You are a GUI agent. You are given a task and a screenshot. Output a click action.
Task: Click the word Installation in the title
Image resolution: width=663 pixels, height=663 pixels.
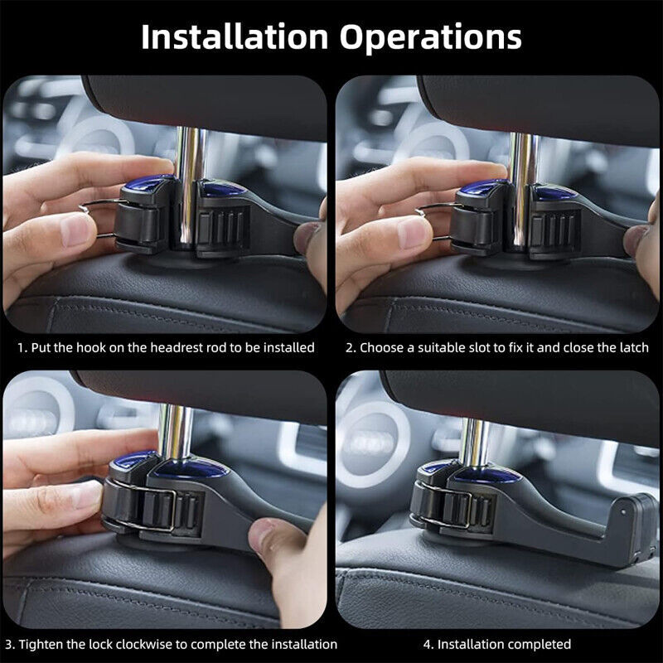pos(235,36)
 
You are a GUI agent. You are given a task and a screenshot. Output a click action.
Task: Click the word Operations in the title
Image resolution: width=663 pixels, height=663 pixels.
pos(430,37)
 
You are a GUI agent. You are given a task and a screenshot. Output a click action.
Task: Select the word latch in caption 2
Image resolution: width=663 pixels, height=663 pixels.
pos(634,347)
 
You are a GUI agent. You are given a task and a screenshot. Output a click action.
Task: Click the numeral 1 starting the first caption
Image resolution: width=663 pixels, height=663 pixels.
pos(21,347)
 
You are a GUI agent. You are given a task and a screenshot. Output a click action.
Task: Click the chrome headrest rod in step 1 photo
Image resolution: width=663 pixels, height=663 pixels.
pos(191,186)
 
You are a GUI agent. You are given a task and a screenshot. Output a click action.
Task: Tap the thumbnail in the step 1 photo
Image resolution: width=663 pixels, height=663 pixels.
pos(76,230)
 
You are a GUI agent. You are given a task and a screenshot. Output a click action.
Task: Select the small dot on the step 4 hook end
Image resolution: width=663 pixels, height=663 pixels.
pos(623,512)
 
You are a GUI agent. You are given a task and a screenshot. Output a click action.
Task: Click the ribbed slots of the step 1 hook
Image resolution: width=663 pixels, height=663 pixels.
pos(223,229)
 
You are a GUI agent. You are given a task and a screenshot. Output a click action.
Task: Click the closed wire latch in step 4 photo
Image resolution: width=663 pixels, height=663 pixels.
pos(445,506)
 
